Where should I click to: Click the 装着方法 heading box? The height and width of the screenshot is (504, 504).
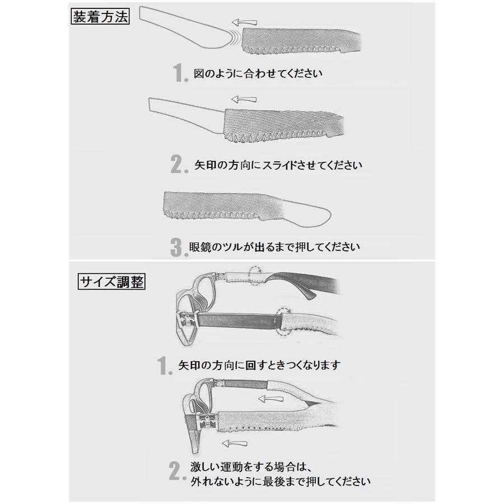(100, 17)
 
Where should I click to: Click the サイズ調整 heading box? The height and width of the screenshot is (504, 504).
(111, 282)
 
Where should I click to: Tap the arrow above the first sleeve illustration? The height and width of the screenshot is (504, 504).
(245, 22)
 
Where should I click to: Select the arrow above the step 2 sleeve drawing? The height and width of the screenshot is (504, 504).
(244, 99)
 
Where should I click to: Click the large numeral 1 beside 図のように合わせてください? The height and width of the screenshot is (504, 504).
(180, 73)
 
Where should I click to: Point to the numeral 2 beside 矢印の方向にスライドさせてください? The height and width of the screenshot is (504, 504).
(179, 165)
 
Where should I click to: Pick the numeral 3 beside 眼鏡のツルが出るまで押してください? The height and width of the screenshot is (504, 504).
(179, 247)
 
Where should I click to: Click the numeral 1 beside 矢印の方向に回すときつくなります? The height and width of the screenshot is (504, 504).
(166, 366)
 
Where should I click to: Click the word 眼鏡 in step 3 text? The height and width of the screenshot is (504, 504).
(200, 247)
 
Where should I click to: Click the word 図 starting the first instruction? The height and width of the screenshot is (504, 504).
(199, 73)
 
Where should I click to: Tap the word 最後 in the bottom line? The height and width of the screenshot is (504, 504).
(274, 482)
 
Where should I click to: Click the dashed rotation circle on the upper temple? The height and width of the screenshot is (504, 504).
(255, 275)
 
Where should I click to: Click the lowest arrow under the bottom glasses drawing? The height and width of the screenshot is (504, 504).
(235, 444)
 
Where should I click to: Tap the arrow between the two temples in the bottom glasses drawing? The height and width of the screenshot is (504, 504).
(271, 399)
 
